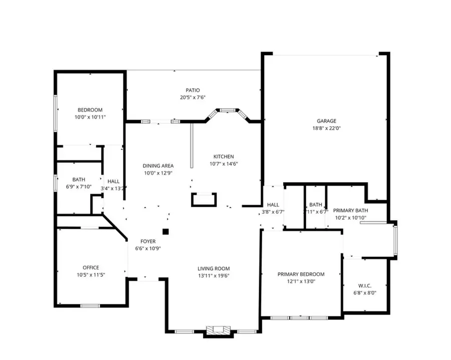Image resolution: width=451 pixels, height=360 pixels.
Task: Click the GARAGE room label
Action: (326, 121)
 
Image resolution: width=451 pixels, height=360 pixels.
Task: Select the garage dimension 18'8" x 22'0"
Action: (326, 128)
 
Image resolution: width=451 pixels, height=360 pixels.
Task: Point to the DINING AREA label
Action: (158, 166)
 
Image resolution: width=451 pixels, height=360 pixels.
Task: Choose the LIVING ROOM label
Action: (213, 268)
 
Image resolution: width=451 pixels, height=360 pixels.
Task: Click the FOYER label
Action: (148, 241)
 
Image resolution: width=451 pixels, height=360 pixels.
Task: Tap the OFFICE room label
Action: (91, 267)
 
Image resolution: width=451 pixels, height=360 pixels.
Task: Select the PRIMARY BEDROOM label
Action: (301, 274)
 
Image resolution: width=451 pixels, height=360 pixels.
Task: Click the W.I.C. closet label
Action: (365, 285)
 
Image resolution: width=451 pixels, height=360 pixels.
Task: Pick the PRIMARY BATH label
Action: (351, 210)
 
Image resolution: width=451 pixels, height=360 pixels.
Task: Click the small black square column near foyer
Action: (165, 231)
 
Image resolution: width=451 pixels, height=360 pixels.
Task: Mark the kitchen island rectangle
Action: (204, 200)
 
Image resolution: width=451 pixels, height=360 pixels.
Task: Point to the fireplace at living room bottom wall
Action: (218, 330)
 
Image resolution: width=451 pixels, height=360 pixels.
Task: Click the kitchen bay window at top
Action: (228, 109)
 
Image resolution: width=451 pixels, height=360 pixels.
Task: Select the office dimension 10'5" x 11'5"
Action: (91, 275)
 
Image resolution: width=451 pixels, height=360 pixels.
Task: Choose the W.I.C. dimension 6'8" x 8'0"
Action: (365, 293)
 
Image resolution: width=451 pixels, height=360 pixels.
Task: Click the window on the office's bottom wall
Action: (90, 305)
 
